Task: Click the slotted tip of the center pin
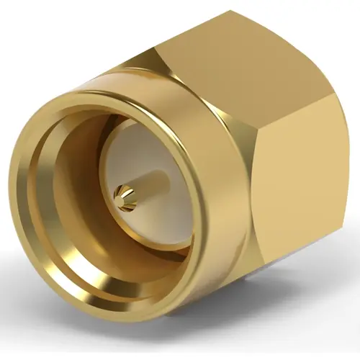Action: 123,193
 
